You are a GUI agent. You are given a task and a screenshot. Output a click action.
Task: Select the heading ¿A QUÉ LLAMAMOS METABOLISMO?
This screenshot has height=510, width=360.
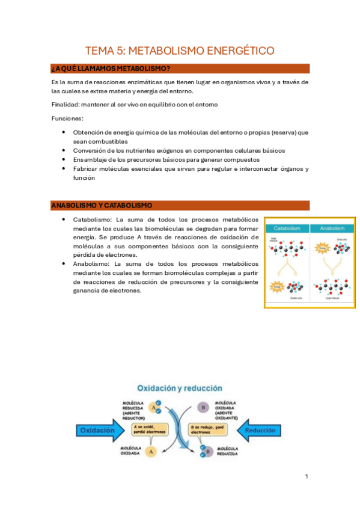click(111, 69)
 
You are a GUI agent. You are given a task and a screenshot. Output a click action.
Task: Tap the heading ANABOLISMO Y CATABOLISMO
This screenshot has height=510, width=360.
click(102, 206)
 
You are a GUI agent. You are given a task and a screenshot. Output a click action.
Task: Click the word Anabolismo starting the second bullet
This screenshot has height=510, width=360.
click(91, 263)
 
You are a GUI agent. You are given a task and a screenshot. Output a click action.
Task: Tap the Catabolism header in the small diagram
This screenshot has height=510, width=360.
click(287, 229)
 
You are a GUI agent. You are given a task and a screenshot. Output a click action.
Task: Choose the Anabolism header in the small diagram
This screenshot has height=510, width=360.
click(332, 229)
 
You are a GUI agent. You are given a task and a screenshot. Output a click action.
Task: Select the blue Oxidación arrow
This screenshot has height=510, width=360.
click(99, 431)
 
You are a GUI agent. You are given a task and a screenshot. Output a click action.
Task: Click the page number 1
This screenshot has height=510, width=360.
click(307, 477)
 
